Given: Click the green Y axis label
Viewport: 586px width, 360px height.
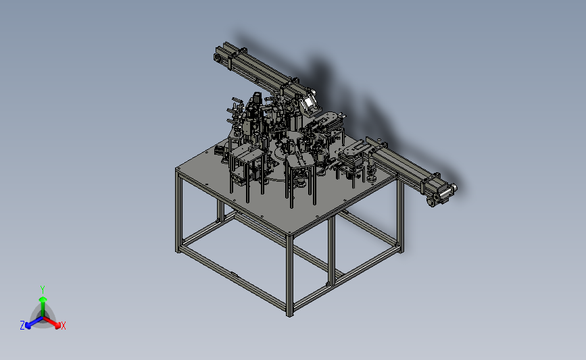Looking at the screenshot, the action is [42, 290].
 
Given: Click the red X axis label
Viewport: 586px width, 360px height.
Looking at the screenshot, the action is [63, 326].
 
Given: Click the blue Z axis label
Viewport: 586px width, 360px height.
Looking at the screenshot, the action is [22, 326].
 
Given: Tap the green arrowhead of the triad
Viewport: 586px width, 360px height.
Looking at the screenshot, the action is [43, 299].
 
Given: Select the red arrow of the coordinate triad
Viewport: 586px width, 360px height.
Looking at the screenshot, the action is [51, 322].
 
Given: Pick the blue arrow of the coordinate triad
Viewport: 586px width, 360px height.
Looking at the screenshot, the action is [34, 322].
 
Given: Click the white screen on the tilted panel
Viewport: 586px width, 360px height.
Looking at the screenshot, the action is [309, 102].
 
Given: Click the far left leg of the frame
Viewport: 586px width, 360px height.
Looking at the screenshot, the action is [178, 211].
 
